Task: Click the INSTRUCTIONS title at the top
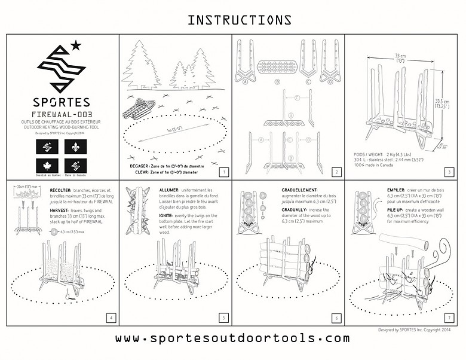[x=240, y=20]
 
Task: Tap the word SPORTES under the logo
[x=62, y=102]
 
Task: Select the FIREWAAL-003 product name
[x=62, y=114]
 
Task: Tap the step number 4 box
[x=110, y=318]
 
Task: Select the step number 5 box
[x=223, y=318]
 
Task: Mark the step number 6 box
[x=336, y=318]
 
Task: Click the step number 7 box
[x=449, y=318]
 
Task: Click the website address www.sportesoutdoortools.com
[x=232, y=338]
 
